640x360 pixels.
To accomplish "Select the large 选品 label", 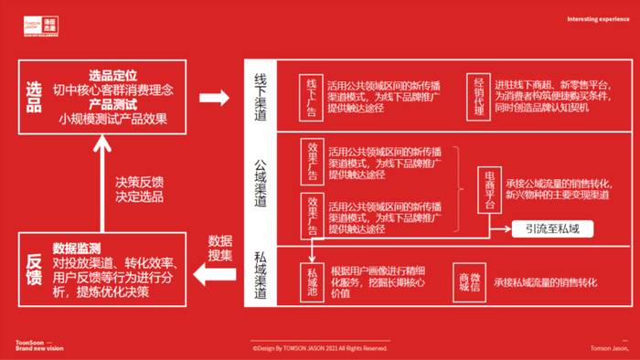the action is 34,96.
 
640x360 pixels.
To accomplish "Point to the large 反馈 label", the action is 34,272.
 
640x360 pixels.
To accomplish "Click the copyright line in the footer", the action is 320,348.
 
